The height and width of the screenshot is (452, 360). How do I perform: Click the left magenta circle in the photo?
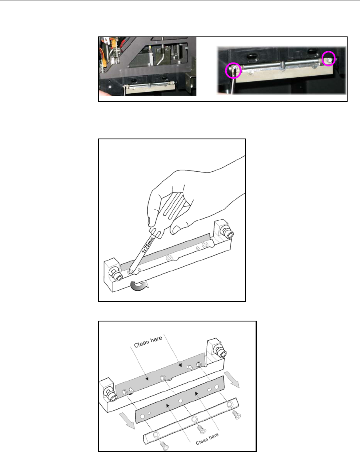click(226, 70)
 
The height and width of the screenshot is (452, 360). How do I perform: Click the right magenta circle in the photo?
click(329, 52)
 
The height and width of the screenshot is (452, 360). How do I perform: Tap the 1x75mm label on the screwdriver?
click(148, 245)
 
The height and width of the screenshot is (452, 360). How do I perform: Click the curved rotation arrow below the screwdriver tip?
click(139, 285)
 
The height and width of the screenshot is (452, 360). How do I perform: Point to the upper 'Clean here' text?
click(148, 342)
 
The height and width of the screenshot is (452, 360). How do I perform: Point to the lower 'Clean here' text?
click(207, 439)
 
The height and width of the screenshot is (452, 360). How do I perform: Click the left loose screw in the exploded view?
click(165, 446)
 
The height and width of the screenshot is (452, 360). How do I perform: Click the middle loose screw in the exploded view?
click(202, 430)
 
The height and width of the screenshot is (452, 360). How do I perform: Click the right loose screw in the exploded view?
click(237, 415)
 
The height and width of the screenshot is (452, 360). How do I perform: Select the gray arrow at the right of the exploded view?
click(233, 380)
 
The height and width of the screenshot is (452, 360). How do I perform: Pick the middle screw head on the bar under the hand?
click(170, 258)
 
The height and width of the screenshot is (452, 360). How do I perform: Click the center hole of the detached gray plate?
click(180, 401)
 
